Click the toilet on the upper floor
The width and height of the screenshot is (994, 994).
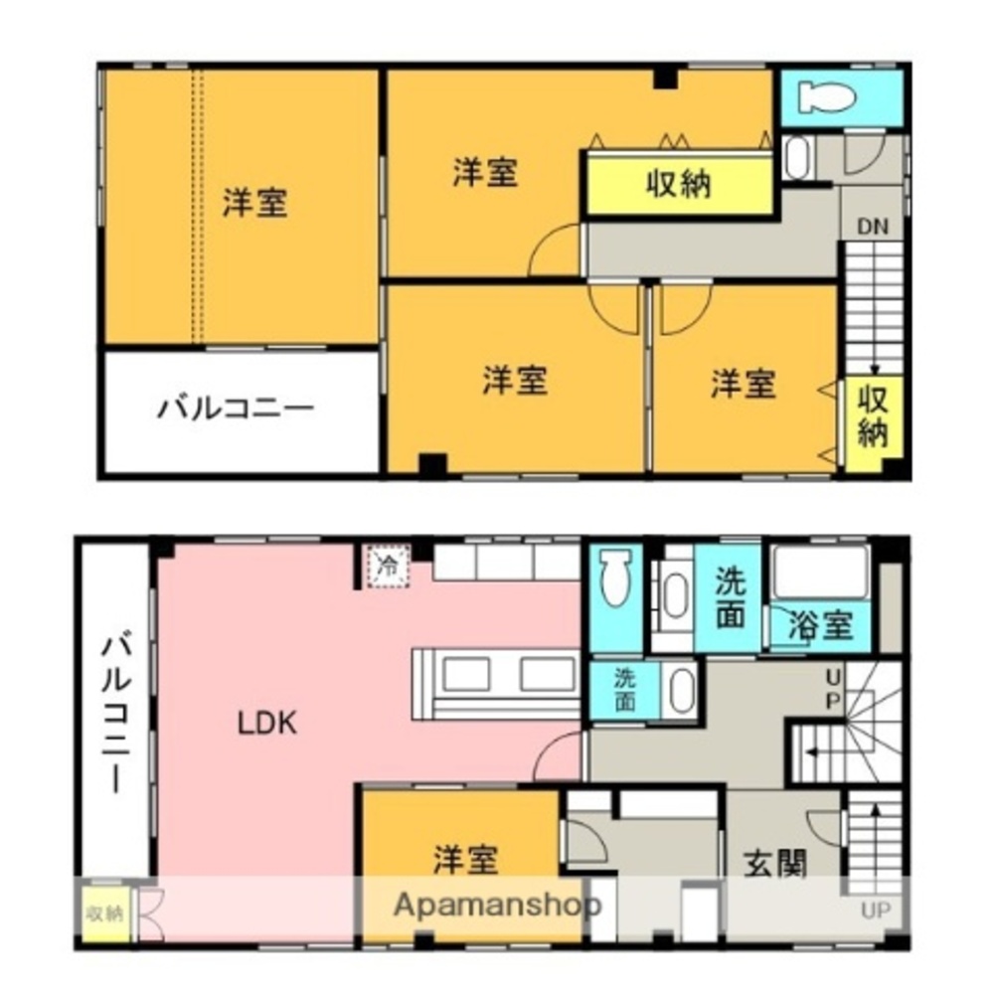[827, 97]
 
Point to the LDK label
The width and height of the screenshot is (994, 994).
[266, 723]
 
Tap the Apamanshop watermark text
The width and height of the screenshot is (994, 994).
[497, 906]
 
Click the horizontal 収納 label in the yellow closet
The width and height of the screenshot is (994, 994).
[679, 184]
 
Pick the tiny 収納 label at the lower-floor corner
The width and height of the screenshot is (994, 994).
[102, 912]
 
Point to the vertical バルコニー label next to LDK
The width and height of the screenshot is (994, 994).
[112, 715]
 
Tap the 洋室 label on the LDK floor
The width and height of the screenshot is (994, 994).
[465, 859]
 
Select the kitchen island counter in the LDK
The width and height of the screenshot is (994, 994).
[494, 682]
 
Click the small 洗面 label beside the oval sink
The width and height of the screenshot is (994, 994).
[623, 689]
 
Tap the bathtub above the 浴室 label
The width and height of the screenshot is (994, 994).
[821, 571]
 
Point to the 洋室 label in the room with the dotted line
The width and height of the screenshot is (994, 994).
[254, 204]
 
